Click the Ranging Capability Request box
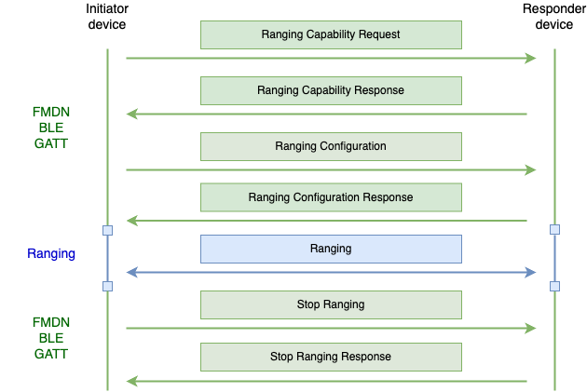click(x=331, y=34)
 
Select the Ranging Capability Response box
click(x=331, y=90)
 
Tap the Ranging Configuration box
click(x=331, y=146)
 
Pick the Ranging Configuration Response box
click(x=331, y=197)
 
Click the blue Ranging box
click(x=331, y=249)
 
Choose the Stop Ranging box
click(x=331, y=304)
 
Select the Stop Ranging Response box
click(x=331, y=357)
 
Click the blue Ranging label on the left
click(x=51, y=253)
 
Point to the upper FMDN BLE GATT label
click(x=51, y=128)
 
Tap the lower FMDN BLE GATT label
click(x=51, y=338)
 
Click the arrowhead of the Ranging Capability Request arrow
click(x=531, y=59)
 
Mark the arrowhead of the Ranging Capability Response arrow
click(x=131, y=115)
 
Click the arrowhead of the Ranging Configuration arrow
click(x=531, y=169)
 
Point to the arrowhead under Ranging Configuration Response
click(x=131, y=221)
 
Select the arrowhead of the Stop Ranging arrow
click(x=531, y=328)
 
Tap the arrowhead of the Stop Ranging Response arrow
click(x=131, y=381)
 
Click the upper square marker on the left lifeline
click(x=107, y=230)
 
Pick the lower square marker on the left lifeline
click(x=107, y=286)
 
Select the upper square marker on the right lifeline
click(x=554, y=229)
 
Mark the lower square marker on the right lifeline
click(x=554, y=286)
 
